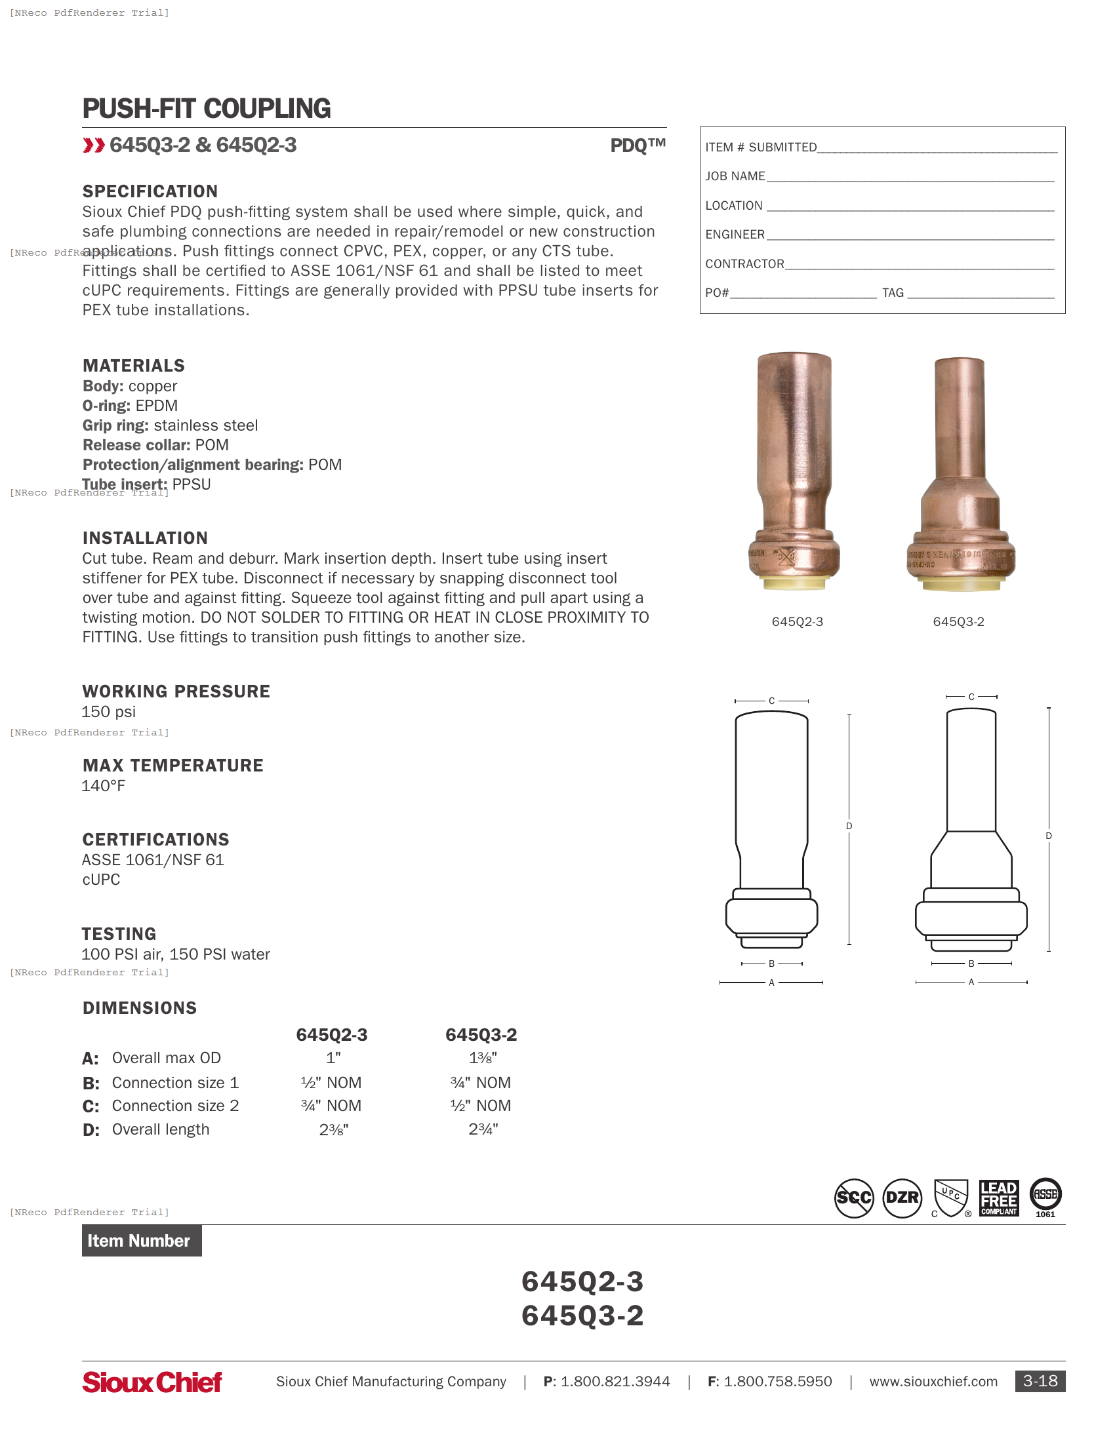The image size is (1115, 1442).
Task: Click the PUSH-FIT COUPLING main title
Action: [206, 109]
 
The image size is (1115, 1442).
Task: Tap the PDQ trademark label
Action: [637, 146]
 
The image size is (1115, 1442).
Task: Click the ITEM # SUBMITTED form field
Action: [880, 147]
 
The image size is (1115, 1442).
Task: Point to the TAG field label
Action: [893, 292]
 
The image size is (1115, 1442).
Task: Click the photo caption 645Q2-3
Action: [797, 621]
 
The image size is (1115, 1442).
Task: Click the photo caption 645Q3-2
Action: [958, 621]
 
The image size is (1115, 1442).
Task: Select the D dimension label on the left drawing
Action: [849, 826]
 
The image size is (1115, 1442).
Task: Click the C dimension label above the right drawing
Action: [971, 697]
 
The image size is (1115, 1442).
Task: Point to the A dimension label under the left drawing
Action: [771, 983]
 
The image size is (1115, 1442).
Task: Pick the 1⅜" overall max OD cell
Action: [482, 1058]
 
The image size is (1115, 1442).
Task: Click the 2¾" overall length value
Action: [482, 1129]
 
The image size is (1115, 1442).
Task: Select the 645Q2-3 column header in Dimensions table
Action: [332, 1034]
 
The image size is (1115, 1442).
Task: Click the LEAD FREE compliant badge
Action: [998, 1198]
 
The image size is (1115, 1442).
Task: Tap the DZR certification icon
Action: [902, 1198]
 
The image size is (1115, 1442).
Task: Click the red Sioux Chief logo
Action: [152, 1382]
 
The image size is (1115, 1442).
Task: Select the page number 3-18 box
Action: [1040, 1381]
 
